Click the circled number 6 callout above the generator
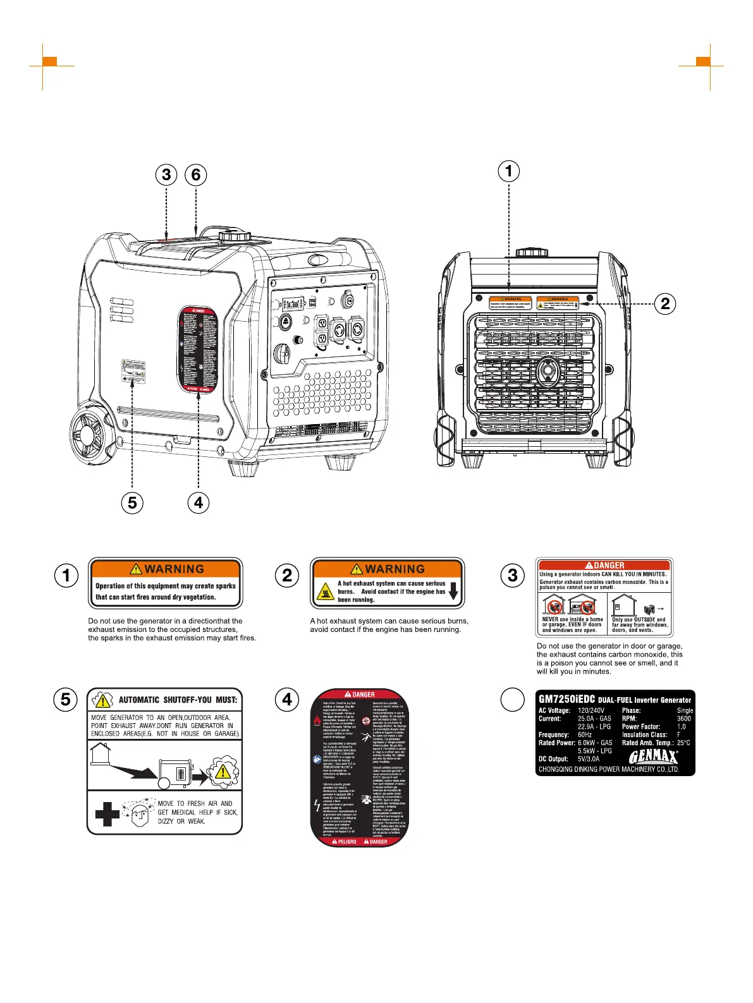196,174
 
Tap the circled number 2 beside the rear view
664,304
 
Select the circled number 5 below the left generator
132,502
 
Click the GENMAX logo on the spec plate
653,757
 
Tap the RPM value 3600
683,719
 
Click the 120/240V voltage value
591,710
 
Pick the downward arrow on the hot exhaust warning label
453,592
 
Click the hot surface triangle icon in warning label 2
325,592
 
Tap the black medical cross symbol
107,814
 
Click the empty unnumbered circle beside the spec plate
513,700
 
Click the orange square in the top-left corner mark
50,61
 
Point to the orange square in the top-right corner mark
702,61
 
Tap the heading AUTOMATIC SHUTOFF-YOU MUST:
178,700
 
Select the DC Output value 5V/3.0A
589,759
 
